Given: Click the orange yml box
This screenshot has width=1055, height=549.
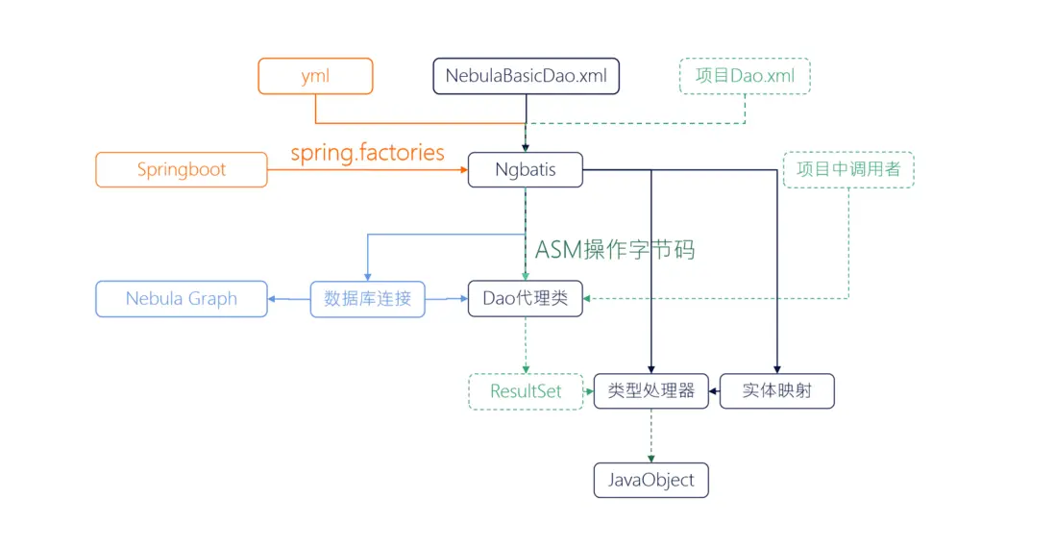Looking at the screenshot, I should (x=315, y=76).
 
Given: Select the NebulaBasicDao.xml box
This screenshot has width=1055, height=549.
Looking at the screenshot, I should (x=526, y=76).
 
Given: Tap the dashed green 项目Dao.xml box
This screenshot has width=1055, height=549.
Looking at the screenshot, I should (x=745, y=76).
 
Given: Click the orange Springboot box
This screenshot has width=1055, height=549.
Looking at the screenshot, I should (x=182, y=169).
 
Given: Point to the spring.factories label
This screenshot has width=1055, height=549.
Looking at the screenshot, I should (x=368, y=152).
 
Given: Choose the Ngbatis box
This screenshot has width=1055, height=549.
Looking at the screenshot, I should (x=526, y=169).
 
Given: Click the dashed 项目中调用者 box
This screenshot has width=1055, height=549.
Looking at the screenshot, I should (x=848, y=169).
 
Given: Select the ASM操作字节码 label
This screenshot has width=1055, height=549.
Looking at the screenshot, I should (x=615, y=250).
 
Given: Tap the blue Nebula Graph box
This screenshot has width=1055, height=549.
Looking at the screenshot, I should (x=182, y=298).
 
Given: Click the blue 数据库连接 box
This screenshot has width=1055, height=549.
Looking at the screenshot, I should (x=367, y=298).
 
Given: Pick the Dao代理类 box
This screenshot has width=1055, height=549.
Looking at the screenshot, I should (x=526, y=298).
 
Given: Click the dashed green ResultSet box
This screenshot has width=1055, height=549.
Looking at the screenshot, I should (x=526, y=391).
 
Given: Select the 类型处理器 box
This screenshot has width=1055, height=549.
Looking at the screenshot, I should (x=650, y=391).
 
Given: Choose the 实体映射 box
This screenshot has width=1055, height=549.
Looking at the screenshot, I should (x=776, y=391).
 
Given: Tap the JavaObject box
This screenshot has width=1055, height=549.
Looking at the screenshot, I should (x=650, y=480).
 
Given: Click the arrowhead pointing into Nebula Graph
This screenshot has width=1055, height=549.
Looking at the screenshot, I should (x=274, y=299).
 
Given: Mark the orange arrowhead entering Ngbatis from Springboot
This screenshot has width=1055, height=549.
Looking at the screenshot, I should (x=462, y=170).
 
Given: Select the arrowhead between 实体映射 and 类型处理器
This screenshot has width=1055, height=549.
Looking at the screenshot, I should (x=714, y=391).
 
